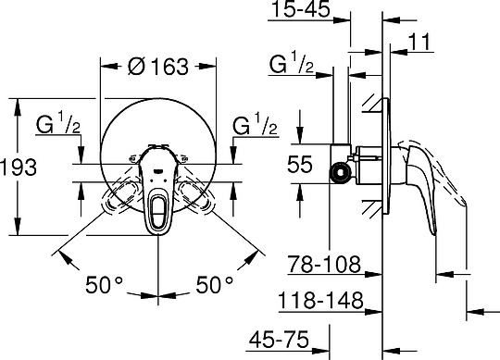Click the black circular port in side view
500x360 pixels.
pos(343,172)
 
